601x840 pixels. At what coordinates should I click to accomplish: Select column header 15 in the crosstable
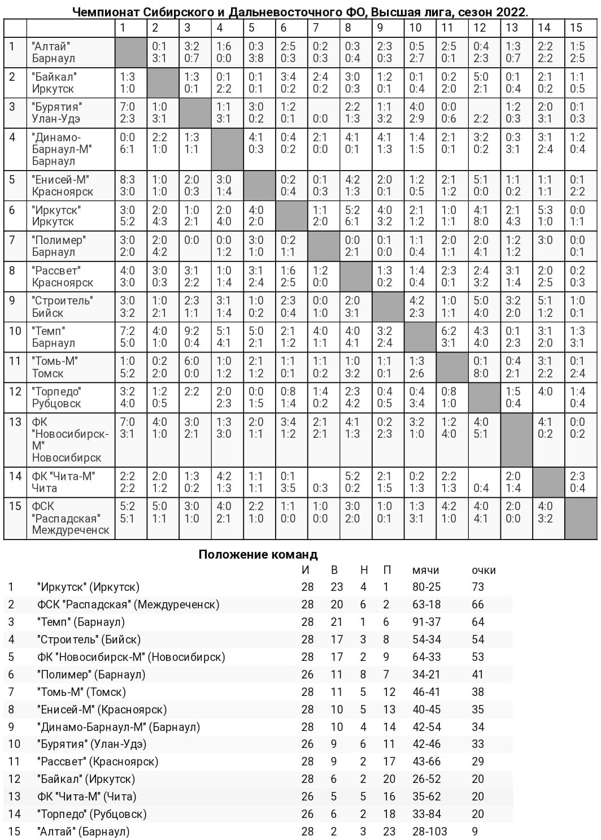(x=576, y=27)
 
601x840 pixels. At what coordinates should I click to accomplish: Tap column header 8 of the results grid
(x=348, y=27)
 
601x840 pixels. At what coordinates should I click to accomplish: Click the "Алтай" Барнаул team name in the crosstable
(x=53, y=52)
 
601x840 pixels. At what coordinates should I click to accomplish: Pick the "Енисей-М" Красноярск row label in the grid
(x=62, y=185)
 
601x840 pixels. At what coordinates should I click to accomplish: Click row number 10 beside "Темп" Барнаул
(x=15, y=330)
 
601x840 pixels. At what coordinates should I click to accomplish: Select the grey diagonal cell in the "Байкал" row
(x=163, y=82)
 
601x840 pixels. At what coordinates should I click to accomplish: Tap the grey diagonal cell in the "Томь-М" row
(x=452, y=367)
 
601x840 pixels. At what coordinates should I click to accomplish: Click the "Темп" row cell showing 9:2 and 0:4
(x=191, y=337)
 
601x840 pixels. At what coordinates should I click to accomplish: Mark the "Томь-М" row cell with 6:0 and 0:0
(x=191, y=367)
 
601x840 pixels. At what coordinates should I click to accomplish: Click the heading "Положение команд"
(x=258, y=554)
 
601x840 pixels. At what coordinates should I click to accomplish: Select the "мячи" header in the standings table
(x=425, y=570)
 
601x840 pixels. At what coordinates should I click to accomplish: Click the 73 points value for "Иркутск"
(x=478, y=587)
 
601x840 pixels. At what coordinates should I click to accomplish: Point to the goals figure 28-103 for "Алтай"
(x=429, y=832)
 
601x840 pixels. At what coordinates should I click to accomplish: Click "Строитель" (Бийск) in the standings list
(x=89, y=639)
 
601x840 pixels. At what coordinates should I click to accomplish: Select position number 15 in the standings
(x=14, y=832)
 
